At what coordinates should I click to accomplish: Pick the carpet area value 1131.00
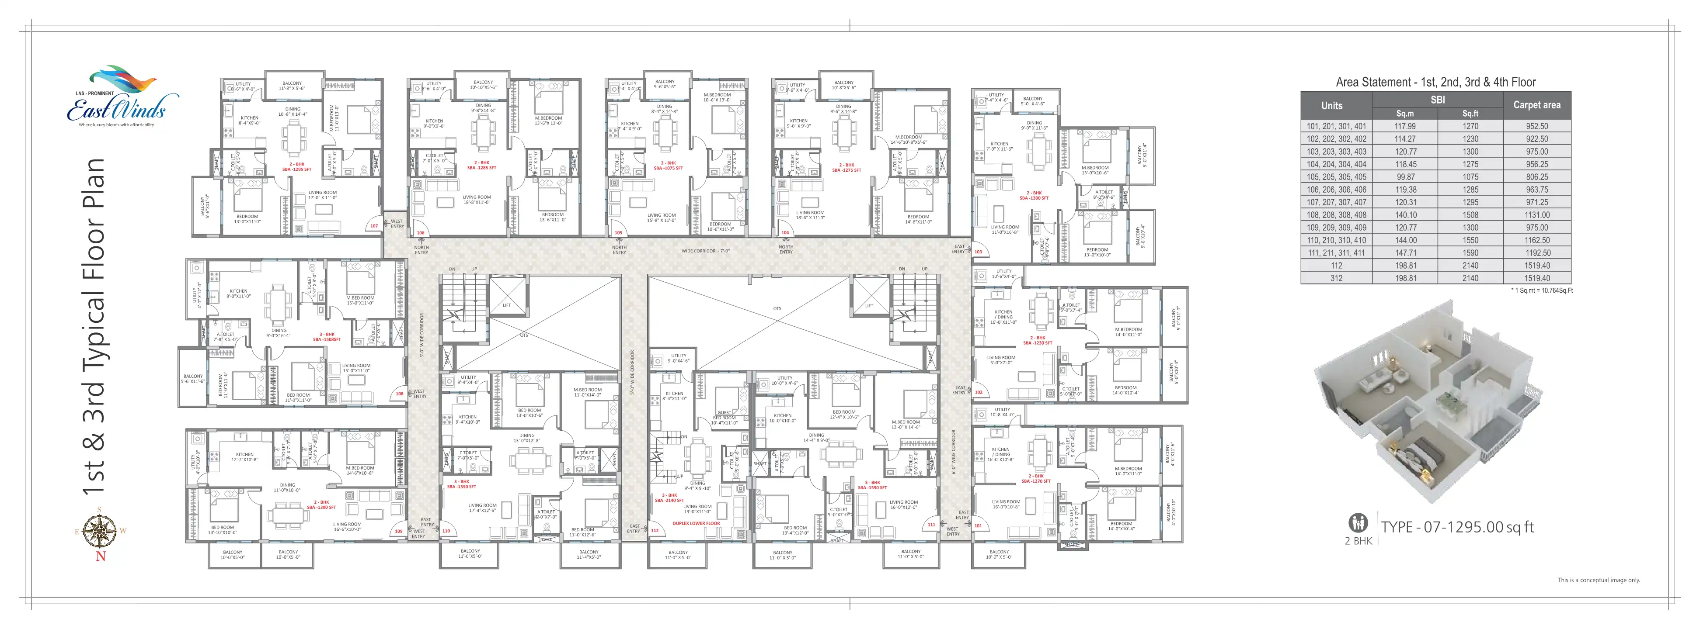point(1536,215)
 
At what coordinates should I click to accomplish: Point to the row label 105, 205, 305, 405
point(1336,177)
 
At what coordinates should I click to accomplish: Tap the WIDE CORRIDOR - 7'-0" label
point(705,251)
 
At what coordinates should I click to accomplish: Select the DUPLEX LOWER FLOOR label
point(696,523)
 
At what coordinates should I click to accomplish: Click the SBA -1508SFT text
point(327,339)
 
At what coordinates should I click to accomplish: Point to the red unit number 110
point(446,531)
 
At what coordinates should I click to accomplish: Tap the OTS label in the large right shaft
point(777,308)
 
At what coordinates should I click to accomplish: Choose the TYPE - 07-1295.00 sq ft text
point(1457,527)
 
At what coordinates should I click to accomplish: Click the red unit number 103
point(978,252)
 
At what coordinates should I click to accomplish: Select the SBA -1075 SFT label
point(668,168)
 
